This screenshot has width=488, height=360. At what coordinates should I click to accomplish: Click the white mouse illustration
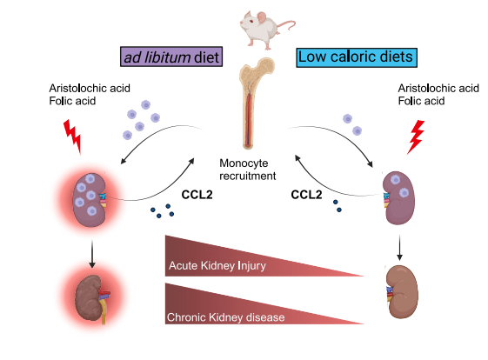(264, 30)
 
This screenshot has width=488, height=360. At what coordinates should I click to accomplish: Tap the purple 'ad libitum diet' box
(171, 57)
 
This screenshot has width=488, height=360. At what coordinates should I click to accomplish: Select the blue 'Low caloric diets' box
(357, 57)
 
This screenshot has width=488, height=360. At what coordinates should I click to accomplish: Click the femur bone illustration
(256, 103)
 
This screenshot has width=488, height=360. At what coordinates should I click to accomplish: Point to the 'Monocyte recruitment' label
(247, 170)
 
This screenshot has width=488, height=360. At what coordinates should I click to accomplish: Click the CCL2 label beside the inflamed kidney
(197, 195)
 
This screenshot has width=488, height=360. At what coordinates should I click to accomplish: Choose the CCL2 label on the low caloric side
(306, 195)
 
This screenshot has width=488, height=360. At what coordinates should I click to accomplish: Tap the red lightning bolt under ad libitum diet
(72, 137)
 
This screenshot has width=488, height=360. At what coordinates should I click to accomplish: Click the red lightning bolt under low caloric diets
(416, 137)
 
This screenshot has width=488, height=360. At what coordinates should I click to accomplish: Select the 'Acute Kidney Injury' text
(217, 266)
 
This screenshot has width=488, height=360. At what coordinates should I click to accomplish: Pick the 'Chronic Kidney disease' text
(225, 317)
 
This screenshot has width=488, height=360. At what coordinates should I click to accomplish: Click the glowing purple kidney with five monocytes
(90, 200)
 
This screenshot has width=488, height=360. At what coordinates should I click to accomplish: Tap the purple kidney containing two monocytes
(398, 198)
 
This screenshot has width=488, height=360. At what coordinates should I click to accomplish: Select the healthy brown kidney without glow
(403, 292)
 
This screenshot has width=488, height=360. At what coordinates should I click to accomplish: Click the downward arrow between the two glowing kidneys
(92, 254)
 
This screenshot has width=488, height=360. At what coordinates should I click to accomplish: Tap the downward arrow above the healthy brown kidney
(399, 247)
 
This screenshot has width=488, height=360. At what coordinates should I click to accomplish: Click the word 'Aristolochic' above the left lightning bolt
(79, 89)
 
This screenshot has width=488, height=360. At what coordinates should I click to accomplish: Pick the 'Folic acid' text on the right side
(421, 101)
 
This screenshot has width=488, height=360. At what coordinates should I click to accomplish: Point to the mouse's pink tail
(288, 25)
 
